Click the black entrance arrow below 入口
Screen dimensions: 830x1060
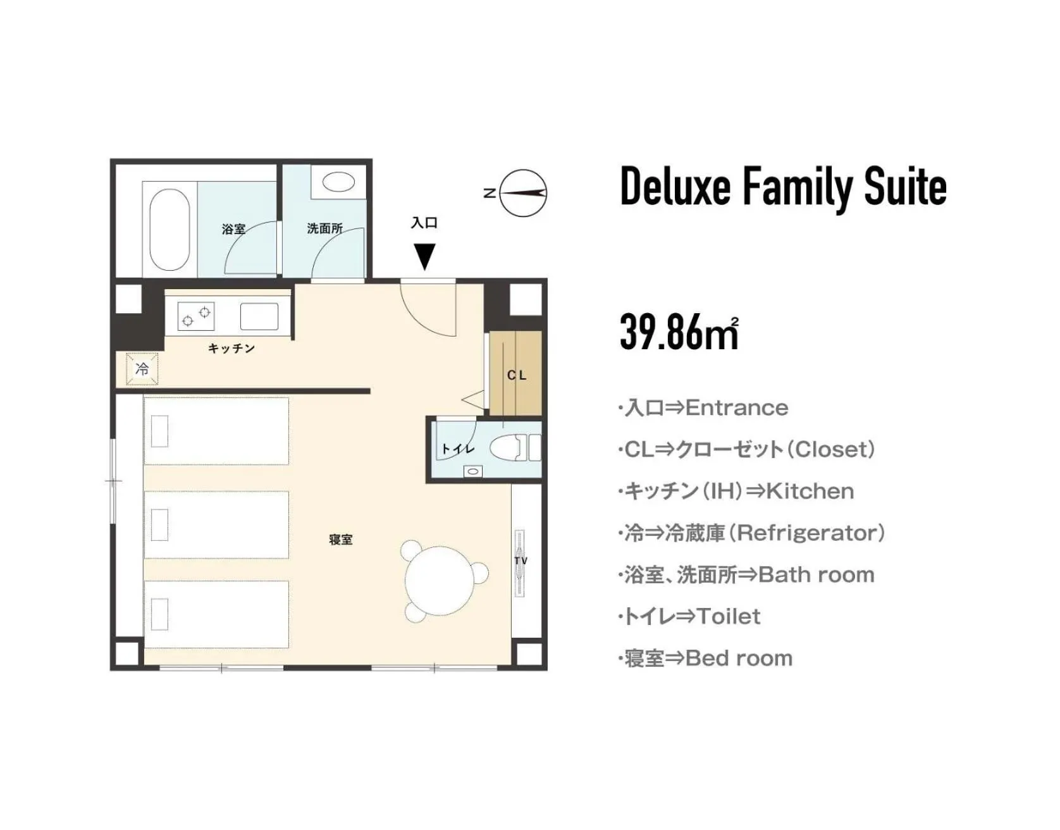click(424, 256)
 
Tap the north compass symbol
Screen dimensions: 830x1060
click(522, 193)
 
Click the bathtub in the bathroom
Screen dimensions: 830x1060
click(170, 229)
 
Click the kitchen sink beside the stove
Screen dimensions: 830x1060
click(259, 316)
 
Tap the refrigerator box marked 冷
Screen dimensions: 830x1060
click(142, 368)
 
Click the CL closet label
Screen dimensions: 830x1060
click(517, 375)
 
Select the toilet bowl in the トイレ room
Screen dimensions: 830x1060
click(510, 447)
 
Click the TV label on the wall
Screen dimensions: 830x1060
click(521, 561)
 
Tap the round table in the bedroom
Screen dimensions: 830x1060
click(440, 577)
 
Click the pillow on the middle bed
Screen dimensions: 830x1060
click(159, 524)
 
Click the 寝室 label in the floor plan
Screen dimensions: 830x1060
click(341, 540)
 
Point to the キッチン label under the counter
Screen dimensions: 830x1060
click(231, 348)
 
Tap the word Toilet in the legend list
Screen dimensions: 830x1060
click(729, 616)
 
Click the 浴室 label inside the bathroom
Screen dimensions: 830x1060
click(233, 229)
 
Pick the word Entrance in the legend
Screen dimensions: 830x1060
click(737, 407)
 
